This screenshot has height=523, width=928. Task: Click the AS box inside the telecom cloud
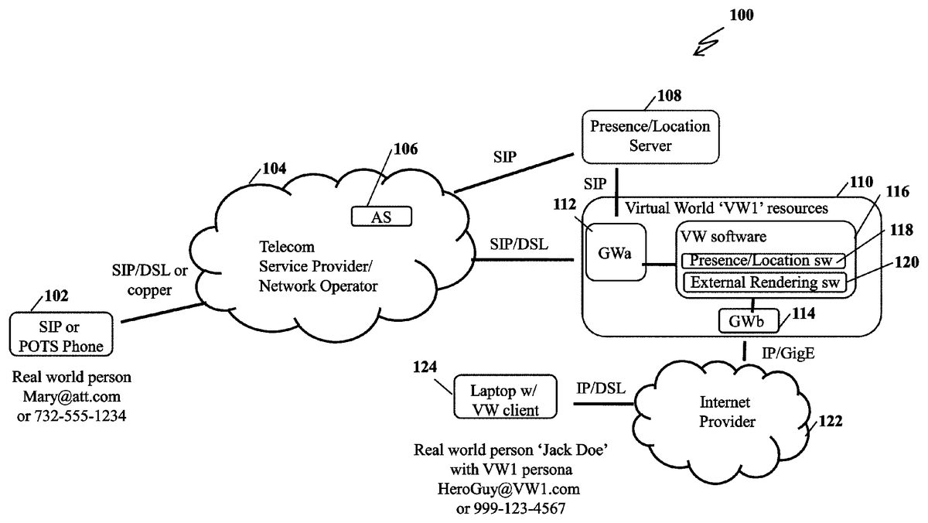click(380, 217)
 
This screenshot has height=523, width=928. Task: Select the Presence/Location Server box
click(646, 136)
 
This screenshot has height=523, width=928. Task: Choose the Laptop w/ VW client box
click(505, 395)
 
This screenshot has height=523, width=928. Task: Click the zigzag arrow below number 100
click(710, 43)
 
